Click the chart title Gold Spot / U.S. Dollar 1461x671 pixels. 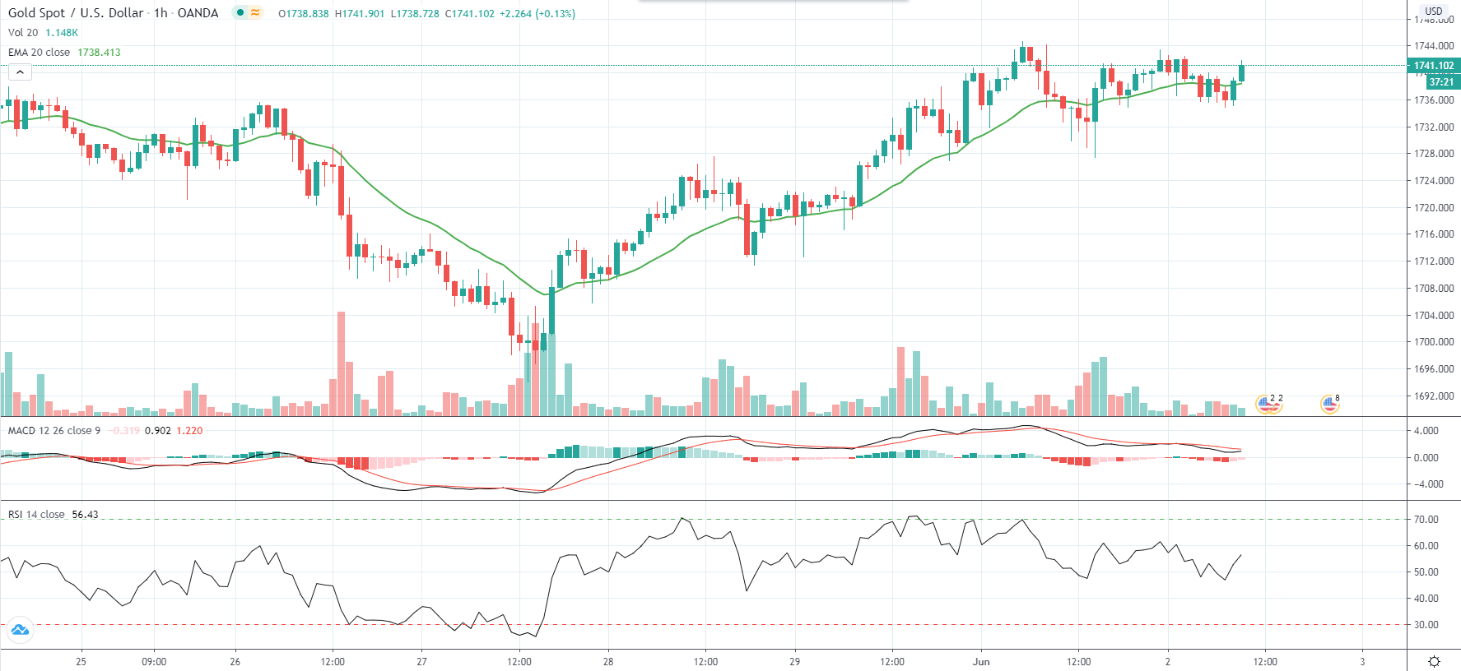pos(75,13)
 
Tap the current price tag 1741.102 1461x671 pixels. pos(1434,66)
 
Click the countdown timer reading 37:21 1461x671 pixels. pos(1441,81)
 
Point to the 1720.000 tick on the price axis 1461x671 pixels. pos(1434,208)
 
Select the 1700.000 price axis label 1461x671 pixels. pos(1434,342)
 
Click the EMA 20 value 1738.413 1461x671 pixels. pos(99,53)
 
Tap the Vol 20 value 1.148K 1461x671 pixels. pos(62,33)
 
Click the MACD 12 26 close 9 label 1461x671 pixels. pos(54,431)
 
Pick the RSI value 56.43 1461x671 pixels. pos(85,515)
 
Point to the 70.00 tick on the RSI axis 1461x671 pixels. pos(1426,520)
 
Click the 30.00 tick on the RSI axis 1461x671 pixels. pos(1426,625)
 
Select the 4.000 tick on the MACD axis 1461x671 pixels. pos(1426,431)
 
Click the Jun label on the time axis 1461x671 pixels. pos(981,662)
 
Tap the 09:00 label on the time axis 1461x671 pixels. pos(154,662)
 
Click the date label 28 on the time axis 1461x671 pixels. pos(608,662)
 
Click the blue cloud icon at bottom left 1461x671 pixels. pos(20,631)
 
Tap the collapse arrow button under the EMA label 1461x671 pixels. pos(20,72)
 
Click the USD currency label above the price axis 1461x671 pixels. pos(1434,12)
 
